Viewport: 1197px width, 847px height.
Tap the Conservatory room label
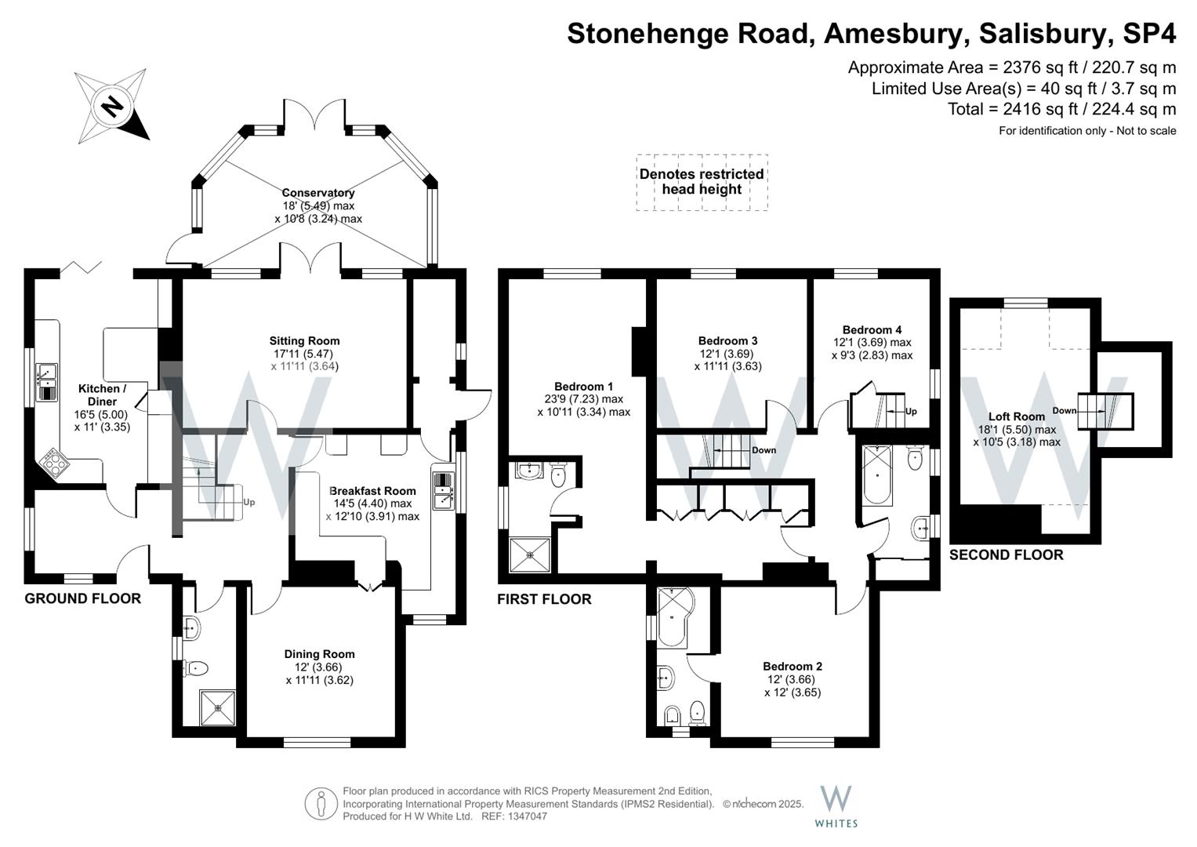[318, 193]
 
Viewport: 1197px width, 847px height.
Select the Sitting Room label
[304, 341]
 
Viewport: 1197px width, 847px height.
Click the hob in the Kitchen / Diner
[53, 463]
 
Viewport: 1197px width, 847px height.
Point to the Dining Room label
[319, 654]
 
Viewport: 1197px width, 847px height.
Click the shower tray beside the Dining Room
[215, 707]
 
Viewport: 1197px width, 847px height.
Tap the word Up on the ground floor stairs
[249, 502]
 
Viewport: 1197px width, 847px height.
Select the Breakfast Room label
[372, 491]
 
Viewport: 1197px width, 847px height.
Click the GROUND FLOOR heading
[82, 598]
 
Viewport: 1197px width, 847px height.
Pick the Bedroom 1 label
[583, 387]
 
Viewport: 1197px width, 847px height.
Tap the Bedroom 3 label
[727, 341]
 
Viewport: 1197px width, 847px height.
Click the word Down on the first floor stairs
[764, 450]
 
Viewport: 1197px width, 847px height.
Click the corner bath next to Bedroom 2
[671, 616]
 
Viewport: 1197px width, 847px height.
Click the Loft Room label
[1017, 416]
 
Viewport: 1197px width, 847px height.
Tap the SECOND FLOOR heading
[1006, 555]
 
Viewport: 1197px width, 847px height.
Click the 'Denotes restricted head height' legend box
[702, 182]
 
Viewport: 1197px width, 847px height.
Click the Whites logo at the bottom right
[836, 805]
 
